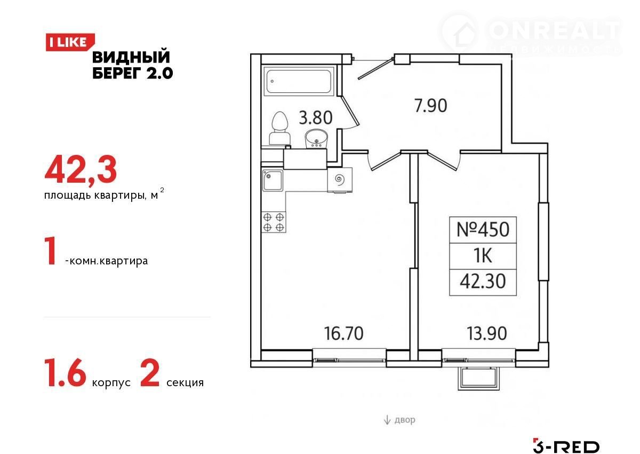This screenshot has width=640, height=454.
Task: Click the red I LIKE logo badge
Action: (x=70, y=42)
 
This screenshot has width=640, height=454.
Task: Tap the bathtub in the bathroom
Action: (x=299, y=81)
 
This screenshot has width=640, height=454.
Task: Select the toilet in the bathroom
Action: (x=279, y=128)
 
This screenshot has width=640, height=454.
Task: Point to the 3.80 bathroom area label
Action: (x=316, y=118)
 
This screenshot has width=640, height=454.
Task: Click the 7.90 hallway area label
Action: (x=430, y=106)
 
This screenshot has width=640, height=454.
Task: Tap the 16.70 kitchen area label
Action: (x=343, y=334)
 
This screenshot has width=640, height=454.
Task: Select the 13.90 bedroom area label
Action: (x=487, y=334)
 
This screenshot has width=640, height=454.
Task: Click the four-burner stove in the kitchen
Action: (x=274, y=222)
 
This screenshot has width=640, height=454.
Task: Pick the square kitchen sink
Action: (x=273, y=180)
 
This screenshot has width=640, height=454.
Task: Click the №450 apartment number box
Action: (x=483, y=230)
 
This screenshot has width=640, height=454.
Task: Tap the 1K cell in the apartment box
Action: (x=483, y=256)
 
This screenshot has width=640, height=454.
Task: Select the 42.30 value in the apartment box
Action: (x=483, y=281)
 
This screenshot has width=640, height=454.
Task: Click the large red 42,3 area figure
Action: (x=81, y=170)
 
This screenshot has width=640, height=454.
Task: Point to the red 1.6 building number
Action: (x=65, y=373)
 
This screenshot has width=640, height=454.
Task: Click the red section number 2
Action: (x=150, y=373)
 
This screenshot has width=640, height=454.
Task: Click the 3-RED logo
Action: (x=566, y=447)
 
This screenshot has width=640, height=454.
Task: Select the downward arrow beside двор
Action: (x=387, y=420)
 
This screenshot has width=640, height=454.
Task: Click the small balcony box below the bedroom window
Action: (x=479, y=379)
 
